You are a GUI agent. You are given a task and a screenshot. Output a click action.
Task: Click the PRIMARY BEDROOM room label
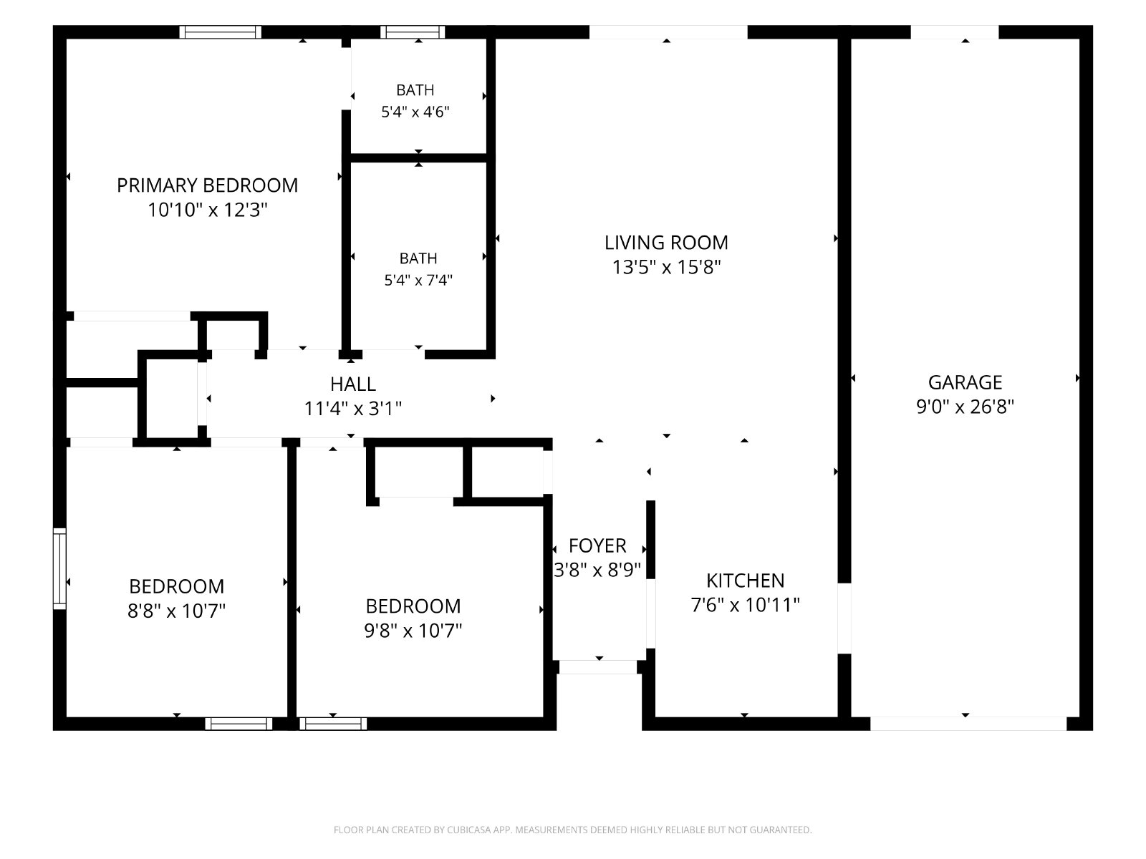click(207, 185)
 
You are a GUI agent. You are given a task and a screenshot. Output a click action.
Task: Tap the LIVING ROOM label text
click(666, 243)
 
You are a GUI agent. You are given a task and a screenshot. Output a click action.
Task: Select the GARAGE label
click(965, 382)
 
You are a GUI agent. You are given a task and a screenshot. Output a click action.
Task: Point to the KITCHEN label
click(745, 581)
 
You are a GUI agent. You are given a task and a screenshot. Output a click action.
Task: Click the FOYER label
click(597, 545)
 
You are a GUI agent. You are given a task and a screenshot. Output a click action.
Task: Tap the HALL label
click(353, 384)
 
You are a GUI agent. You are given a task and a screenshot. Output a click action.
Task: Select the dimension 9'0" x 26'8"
click(965, 407)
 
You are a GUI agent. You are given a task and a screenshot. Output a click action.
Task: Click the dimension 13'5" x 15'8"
click(666, 267)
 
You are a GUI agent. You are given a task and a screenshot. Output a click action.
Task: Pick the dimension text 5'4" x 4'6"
click(415, 112)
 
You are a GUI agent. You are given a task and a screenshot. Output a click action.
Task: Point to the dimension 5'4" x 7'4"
click(418, 281)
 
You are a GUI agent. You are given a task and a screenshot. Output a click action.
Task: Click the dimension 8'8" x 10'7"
click(176, 610)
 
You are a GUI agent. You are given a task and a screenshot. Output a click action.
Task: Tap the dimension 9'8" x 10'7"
click(413, 631)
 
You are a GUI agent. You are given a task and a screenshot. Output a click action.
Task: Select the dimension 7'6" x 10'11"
click(745, 605)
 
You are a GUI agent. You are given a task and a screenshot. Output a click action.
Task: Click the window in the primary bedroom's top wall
click(221, 31)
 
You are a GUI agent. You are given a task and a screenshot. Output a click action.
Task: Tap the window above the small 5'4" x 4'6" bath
click(413, 31)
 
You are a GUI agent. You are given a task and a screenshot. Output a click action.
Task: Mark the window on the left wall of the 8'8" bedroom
click(59, 568)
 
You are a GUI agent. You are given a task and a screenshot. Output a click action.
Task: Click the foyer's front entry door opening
click(598, 667)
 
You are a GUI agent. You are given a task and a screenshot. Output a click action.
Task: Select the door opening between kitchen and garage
click(844, 618)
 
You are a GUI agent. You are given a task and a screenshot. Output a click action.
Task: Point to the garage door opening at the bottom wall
click(968, 724)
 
